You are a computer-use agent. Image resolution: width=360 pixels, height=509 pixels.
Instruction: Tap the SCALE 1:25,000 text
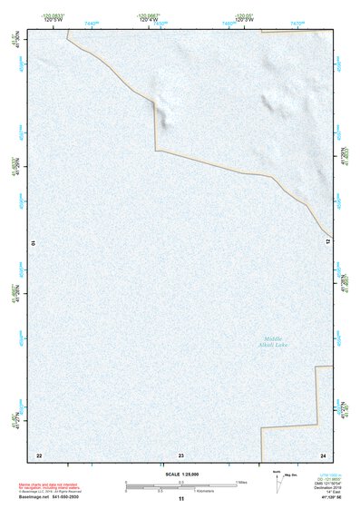point(181,475)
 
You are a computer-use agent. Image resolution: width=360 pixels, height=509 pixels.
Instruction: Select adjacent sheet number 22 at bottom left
point(39,455)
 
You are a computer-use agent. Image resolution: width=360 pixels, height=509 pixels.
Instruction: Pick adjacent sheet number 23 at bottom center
point(181,455)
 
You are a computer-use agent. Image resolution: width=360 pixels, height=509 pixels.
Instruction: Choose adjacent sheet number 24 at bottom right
point(322,455)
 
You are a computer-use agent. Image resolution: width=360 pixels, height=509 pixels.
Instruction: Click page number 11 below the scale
point(181,498)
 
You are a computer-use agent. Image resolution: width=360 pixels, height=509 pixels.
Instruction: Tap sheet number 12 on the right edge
point(329,241)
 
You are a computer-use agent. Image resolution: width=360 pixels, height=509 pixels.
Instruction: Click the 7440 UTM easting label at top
point(92,20)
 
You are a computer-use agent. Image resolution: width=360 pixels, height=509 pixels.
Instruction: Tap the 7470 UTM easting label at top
point(297,20)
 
